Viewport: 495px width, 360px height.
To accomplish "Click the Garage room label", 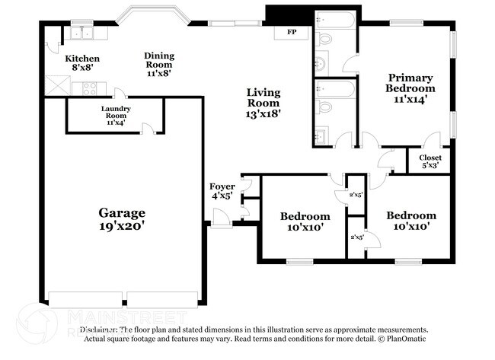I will tap(122, 212).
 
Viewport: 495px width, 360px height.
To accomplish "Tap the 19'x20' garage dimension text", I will tap(122, 226).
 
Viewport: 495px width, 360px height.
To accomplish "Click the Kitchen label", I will tap(82, 58).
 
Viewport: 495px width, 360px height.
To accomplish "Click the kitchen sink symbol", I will tap(79, 33).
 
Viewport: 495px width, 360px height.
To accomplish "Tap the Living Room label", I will tap(263, 97).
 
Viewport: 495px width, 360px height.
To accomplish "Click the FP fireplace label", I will tap(292, 33).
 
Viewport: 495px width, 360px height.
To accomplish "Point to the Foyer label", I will tap(222, 186).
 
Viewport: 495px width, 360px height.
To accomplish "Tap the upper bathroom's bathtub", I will tap(335, 20).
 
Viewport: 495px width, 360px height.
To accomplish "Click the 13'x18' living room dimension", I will tap(263, 113).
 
